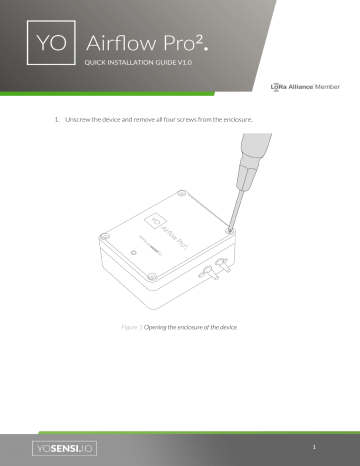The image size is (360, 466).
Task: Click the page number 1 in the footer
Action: click(313, 447)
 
